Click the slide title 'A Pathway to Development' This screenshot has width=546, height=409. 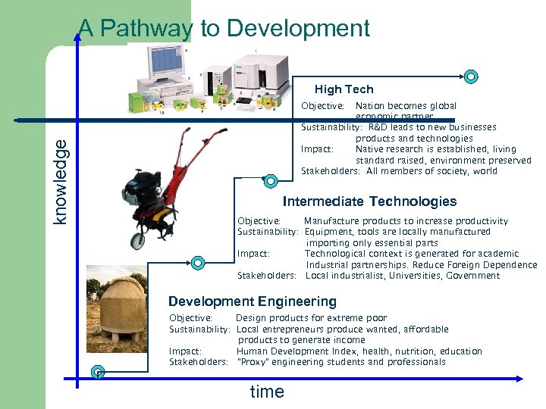tap(224, 29)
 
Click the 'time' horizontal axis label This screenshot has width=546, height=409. tap(267, 392)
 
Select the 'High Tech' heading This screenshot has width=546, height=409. tap(344, 89)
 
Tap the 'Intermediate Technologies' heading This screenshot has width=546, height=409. tap(369, 201)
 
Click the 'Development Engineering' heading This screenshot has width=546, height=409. tap(252, 301)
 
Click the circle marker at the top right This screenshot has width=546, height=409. tap(471, 76)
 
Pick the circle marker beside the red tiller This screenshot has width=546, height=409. tap(270, 180)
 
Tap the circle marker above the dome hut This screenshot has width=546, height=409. tap(197, 263)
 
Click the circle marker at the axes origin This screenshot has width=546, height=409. tap(97, 371)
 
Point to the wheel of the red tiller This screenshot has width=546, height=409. tap(136, 241)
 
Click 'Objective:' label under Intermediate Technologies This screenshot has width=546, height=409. tap(259, 221)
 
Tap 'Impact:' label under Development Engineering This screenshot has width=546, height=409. tap(185, 351)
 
